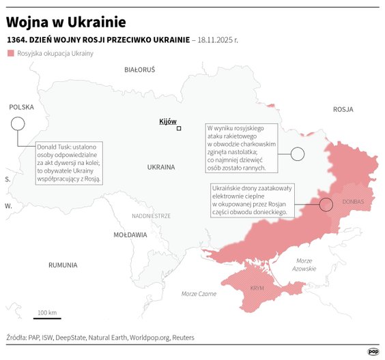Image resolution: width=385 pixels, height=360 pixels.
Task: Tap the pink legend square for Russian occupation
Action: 10,53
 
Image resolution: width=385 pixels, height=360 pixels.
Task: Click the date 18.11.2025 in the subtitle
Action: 215,40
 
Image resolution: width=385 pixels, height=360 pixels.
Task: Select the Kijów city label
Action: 167,121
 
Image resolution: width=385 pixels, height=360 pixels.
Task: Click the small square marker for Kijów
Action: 179,128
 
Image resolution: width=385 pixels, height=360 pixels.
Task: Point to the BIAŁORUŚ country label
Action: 140,70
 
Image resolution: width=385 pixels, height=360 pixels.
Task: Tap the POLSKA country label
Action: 21,107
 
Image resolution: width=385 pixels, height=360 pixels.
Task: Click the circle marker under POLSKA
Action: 18,123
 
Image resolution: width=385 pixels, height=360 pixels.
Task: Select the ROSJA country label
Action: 343,109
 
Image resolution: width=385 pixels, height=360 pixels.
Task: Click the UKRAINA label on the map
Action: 161,167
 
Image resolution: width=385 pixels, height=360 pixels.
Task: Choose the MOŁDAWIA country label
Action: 130,235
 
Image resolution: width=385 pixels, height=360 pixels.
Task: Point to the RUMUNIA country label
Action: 63,265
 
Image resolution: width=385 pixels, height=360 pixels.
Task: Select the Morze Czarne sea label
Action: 199,294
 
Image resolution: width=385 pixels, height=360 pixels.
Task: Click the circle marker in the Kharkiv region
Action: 297,154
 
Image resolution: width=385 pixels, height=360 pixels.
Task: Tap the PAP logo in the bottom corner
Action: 373,351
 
